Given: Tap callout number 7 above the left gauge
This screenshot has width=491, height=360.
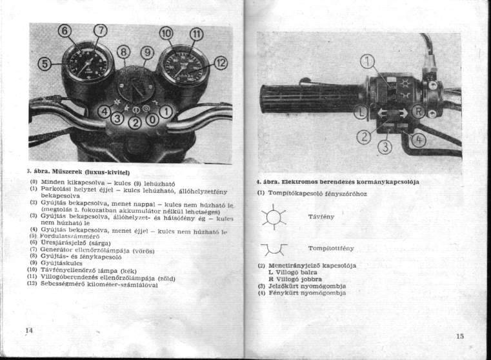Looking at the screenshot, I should pos(101,30).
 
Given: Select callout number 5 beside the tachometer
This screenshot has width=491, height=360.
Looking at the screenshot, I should pos(44,63).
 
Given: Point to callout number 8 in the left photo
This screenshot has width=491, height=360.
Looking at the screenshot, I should pos(124,52).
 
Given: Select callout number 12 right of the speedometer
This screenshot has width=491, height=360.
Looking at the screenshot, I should pos(221,62).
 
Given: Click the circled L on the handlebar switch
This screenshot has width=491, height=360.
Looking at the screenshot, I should pos(361,112).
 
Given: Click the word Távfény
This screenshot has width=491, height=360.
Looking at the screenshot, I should pos(321,217).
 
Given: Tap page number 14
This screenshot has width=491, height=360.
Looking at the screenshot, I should pos(28,330).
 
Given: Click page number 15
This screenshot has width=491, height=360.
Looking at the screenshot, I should pos(459,335).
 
